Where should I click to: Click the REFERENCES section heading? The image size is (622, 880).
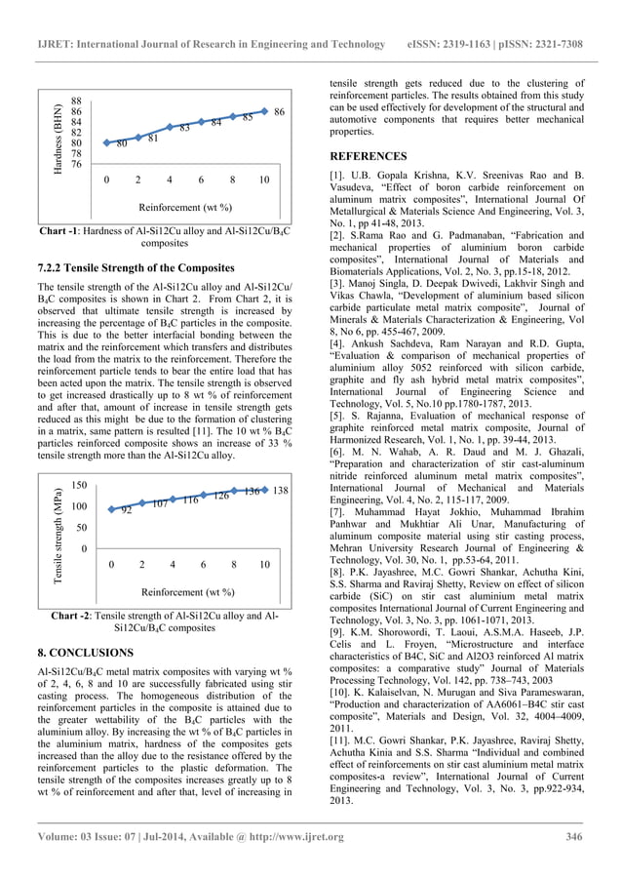tap(368, 156)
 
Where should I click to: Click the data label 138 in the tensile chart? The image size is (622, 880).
tap(280, 489)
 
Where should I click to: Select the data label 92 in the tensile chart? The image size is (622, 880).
tap(127, 510)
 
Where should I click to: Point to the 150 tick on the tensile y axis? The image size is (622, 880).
tap(82, 485)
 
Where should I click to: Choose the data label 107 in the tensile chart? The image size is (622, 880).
tap(161, 503)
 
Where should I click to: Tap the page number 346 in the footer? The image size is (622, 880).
tap(574, 837)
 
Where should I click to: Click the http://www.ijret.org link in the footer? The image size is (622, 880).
tap(290, 837)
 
